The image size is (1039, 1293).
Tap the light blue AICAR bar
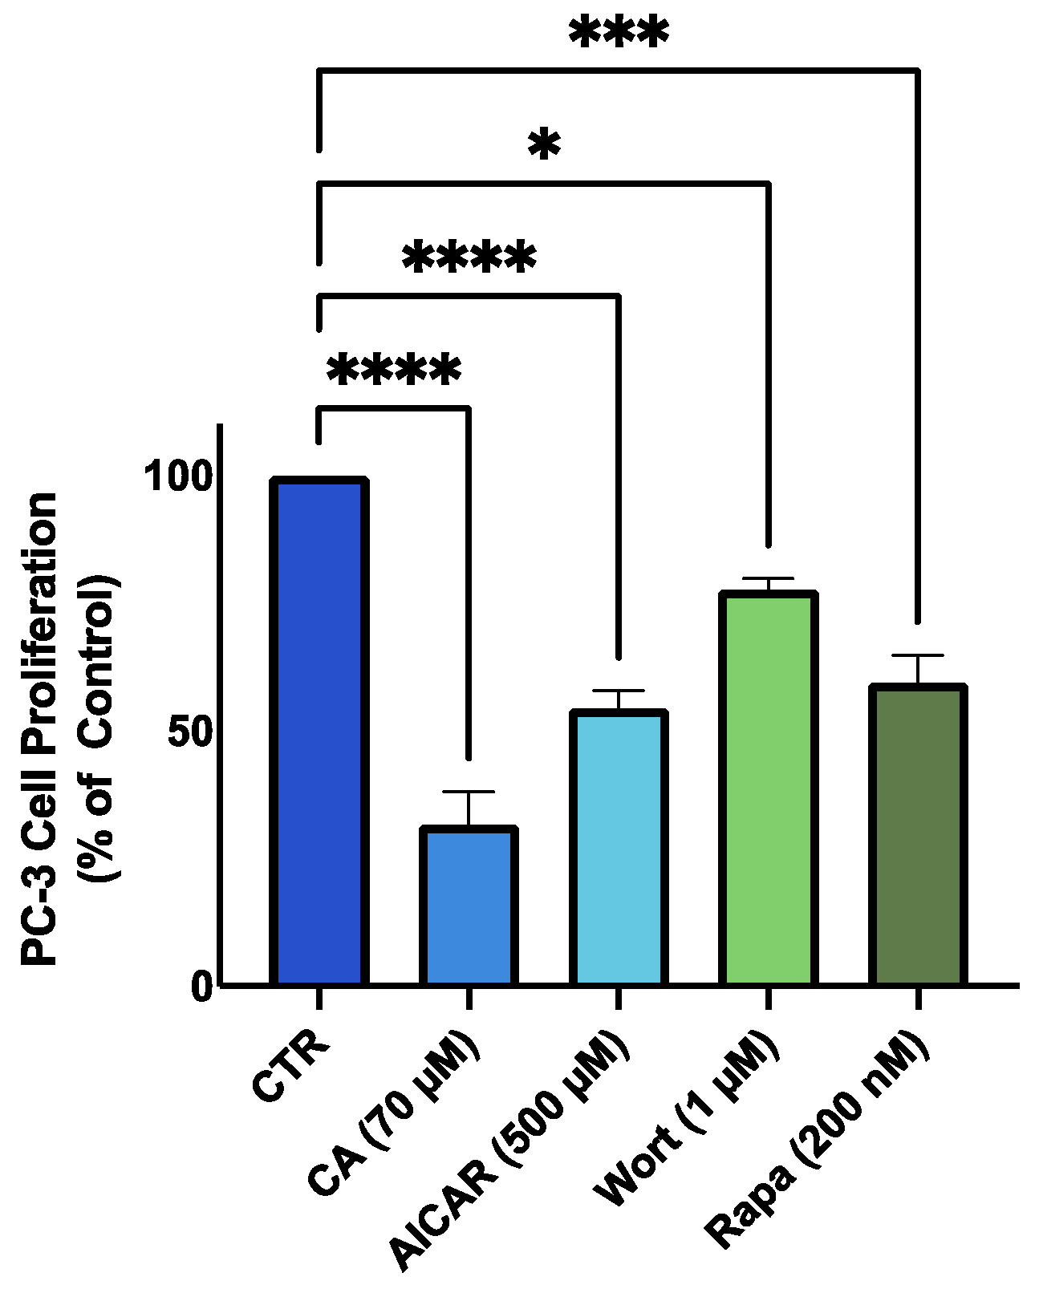click(619, 847)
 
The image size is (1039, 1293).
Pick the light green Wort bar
click(768, 788)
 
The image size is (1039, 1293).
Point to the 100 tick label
click(178, 476)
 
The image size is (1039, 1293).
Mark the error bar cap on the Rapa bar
click(918, 656)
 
